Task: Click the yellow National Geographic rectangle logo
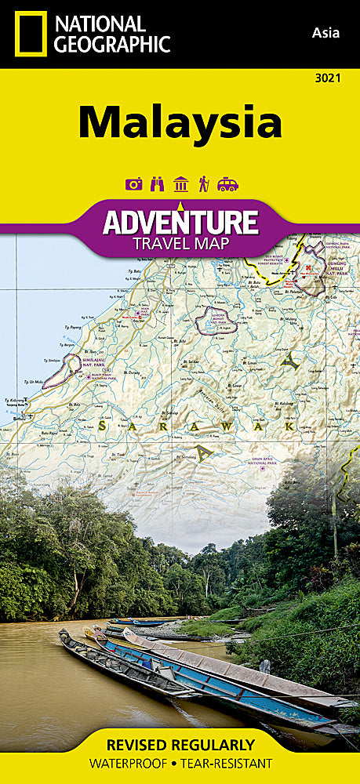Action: (28, 34)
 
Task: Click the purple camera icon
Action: (134, 184)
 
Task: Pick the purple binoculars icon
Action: (157, 184)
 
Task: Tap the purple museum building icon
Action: (180, 184)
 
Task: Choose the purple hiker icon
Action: (203, 184)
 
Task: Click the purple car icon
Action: (227, 184)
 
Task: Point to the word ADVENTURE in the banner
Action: (180, 222)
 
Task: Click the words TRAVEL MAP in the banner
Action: (180, 243)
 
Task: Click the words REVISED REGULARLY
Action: (180, 745)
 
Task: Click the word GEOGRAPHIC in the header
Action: (112, 45)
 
